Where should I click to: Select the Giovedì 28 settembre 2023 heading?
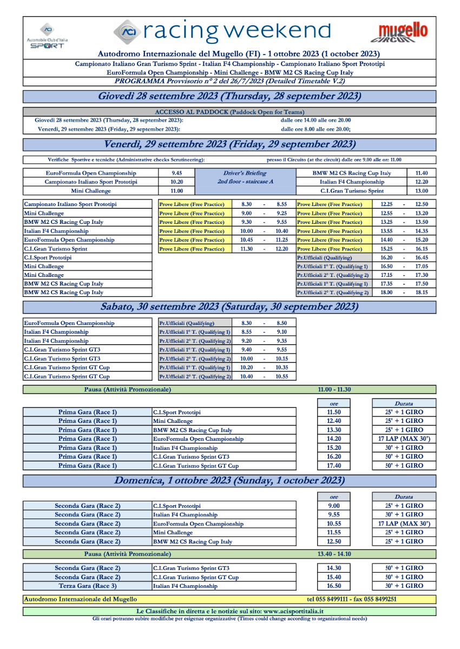[229, 96]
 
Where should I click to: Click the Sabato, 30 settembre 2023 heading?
[229, 307]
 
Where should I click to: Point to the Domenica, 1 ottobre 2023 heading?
[229, 480]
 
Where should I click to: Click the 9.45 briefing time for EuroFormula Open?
[176, 173]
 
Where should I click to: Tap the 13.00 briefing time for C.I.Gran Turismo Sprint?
[421, 191]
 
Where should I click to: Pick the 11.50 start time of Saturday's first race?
[333, 412]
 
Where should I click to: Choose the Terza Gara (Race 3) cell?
[87, 586]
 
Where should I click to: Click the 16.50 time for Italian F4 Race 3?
[333, 586]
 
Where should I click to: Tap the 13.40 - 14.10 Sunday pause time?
[334, 554]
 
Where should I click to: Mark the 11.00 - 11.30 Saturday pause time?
[334, 389]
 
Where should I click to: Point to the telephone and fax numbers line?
[352, 599]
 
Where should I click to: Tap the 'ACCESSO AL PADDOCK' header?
[229, 112]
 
